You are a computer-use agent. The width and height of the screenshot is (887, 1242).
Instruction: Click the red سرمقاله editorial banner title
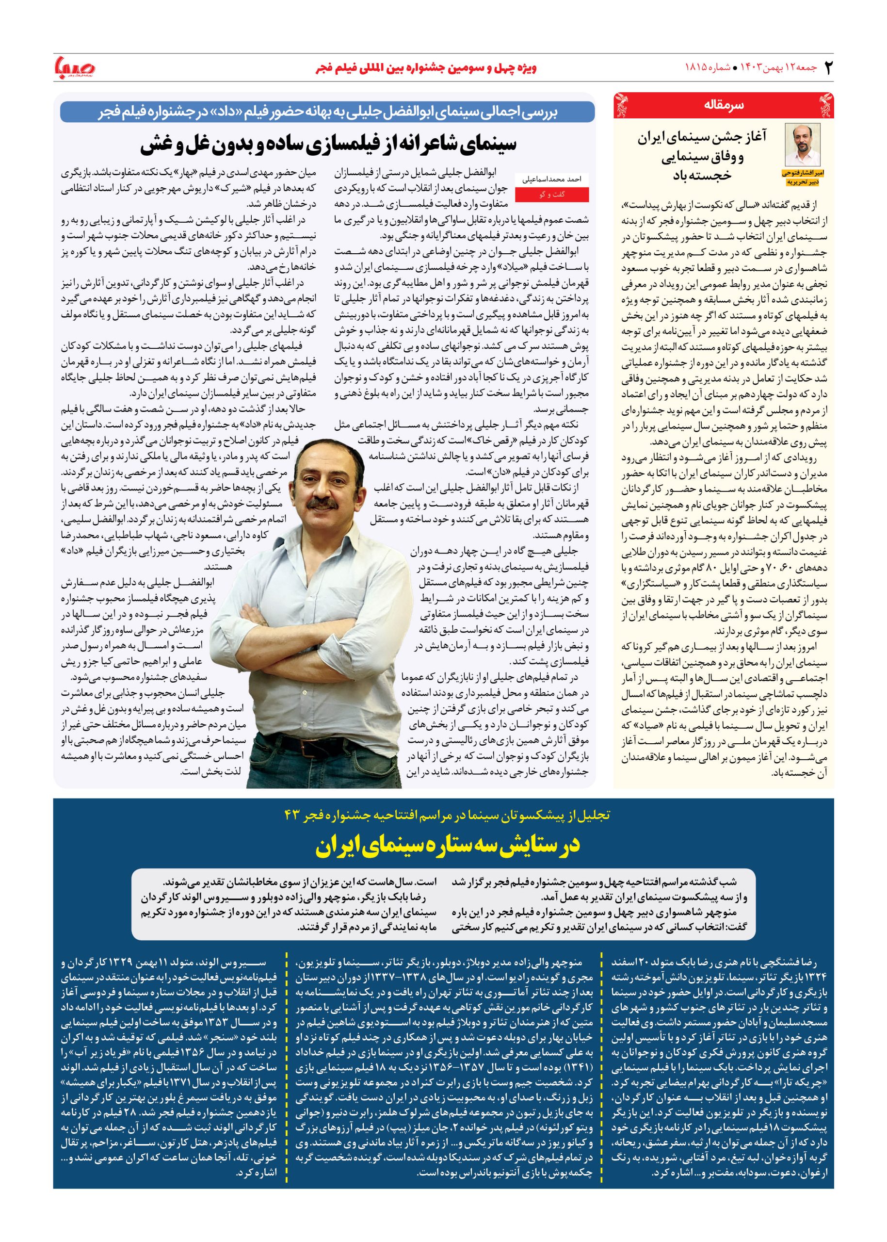point(724,104)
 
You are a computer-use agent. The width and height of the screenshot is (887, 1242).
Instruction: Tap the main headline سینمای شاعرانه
point(328,144)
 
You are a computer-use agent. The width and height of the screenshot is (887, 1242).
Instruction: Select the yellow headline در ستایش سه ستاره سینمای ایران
point(446,845)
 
